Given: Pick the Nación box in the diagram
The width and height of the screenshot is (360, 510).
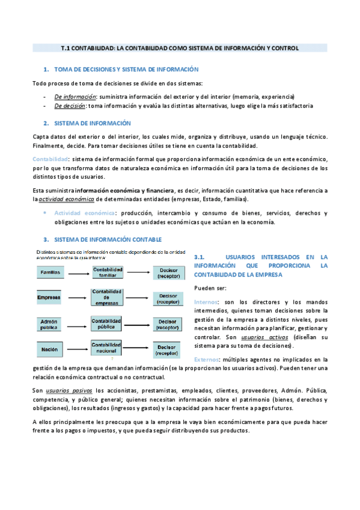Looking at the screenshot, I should [x=49, y=349].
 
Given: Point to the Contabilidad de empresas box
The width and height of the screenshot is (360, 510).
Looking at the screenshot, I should [x=108, y=297].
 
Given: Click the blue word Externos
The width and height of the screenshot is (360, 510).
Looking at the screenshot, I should [x=206, y=359].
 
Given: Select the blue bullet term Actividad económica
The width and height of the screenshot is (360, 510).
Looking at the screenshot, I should [x=84, y=214].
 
